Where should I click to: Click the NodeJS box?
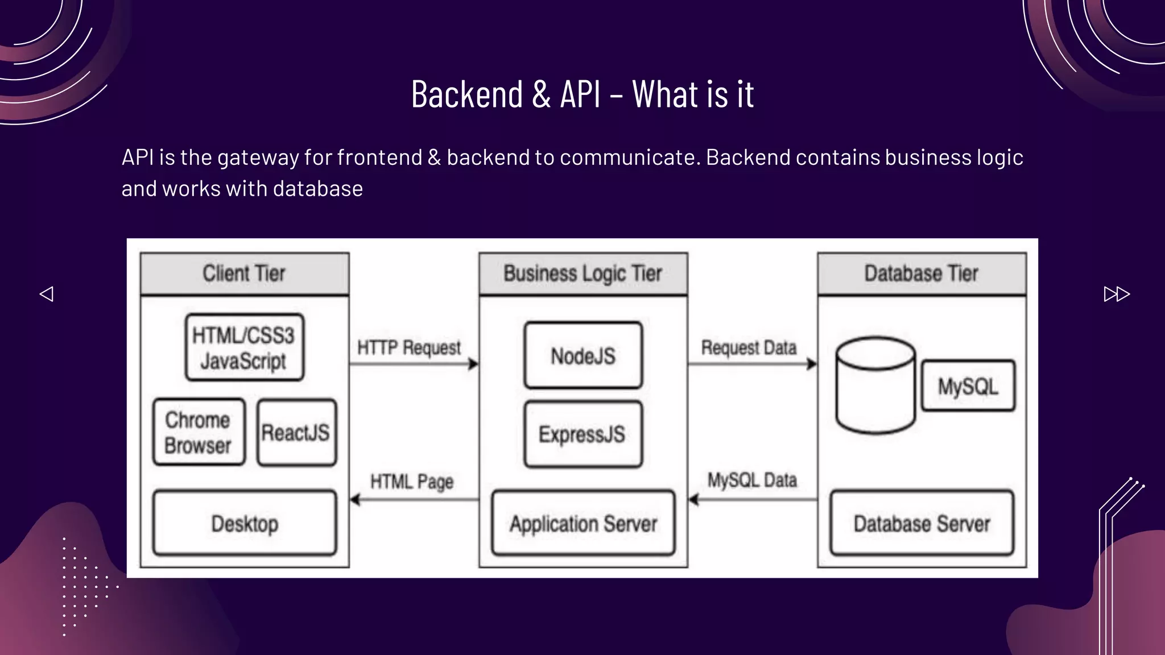[x=583, y=356]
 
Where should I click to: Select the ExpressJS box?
[x=583, y=434]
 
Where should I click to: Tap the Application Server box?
[x=583, y=523]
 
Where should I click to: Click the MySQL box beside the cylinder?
[x=968, y=386]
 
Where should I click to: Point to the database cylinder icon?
[x=875, y=385]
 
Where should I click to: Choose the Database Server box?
[x=922, y=523]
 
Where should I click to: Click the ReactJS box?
[x=296, y=433]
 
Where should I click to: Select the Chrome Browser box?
[x=199, y=432]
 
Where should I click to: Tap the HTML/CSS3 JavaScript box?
[x=244, y=347]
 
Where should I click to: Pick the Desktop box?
[x=245, y=523]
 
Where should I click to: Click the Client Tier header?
[x=245, y=273]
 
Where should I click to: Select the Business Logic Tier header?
[x=583, y=273]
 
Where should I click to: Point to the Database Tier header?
[x=922, y=273]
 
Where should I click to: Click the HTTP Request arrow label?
[x=409, y=347]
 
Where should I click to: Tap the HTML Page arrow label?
[x=412, y=482]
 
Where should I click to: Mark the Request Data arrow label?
[x=749, y=347]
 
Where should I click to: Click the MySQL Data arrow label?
[x=752, y=480]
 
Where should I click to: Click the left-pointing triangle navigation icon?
[x=47, y=294]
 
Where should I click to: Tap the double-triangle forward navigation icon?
[x=1116, y=294]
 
